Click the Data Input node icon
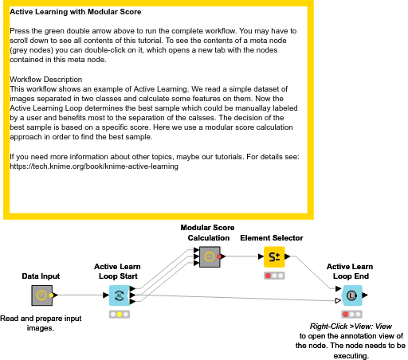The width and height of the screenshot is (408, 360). tap(42, 295)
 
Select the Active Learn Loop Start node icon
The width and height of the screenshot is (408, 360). tap(119, 295)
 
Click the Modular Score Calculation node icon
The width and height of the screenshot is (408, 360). tap(209, 256)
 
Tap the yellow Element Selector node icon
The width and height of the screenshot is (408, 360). tap(273, 256)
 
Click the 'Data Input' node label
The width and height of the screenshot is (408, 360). tap(42, 276)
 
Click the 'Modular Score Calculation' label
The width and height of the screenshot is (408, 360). tap(208, 233)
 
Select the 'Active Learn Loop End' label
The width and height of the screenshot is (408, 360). tap(350, 272)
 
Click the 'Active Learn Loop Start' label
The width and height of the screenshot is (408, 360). tap(119, 272)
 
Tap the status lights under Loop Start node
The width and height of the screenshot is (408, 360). tap(119, 315)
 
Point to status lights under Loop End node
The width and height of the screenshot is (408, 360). tap(351, 315)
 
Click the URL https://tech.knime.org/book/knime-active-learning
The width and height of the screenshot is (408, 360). tap(94, 167)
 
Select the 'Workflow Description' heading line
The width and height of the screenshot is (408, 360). tap(45, 80)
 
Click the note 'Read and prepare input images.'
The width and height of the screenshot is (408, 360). tap(42, 323)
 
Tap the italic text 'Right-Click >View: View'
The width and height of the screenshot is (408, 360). tap(351, 327)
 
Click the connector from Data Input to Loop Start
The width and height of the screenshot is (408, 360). tap(80, 295)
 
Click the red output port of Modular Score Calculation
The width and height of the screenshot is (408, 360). tap(220, 256)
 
